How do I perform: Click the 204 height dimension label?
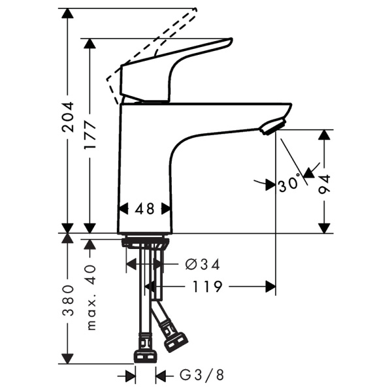coord(68,118)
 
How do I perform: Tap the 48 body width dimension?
coord(145,209)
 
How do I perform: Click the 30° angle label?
coord(288,185)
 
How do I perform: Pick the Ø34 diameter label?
coord(202,264)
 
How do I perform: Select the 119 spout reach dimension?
coord(208,286)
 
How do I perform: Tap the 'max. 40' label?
coord(91,297)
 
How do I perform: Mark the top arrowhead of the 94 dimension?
coord(325,135)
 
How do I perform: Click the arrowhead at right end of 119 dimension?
coord(270,286)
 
